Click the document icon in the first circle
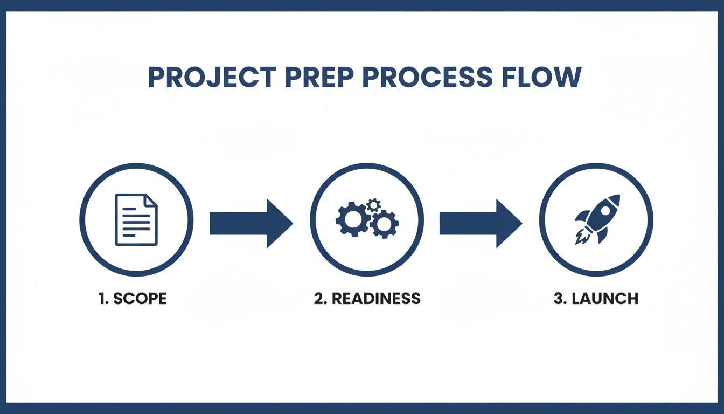[136, 220]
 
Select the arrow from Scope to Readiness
[250, 223]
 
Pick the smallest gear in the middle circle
[373, 204]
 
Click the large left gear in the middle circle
[351, 218]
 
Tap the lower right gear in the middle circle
[384, 224]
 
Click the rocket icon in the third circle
[595, 218]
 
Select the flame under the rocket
[580, 237]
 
